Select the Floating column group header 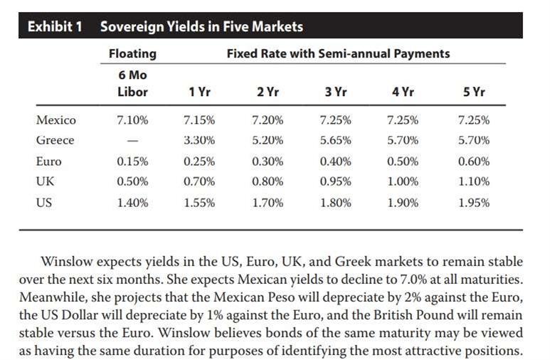(x=132, y=53)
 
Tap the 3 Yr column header (x=335, y=92)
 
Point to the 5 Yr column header (x=475, y=92)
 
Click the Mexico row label (x=55, y=120)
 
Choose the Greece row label (x=55, y=140)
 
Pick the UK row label (x=45, y=181)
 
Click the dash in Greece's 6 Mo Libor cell (x=132, y=141)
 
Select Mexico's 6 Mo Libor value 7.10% (x=132, y=120)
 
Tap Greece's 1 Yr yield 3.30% (x=199, y=140)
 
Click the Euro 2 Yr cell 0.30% (x=268, y=161)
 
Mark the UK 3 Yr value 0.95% (x=335, y=181)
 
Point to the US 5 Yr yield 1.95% (x=475, y=202)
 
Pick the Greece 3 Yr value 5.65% (x=335, y=140)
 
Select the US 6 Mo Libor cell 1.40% (x=132, y=202)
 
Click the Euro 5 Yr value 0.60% (x=475, y=161)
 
